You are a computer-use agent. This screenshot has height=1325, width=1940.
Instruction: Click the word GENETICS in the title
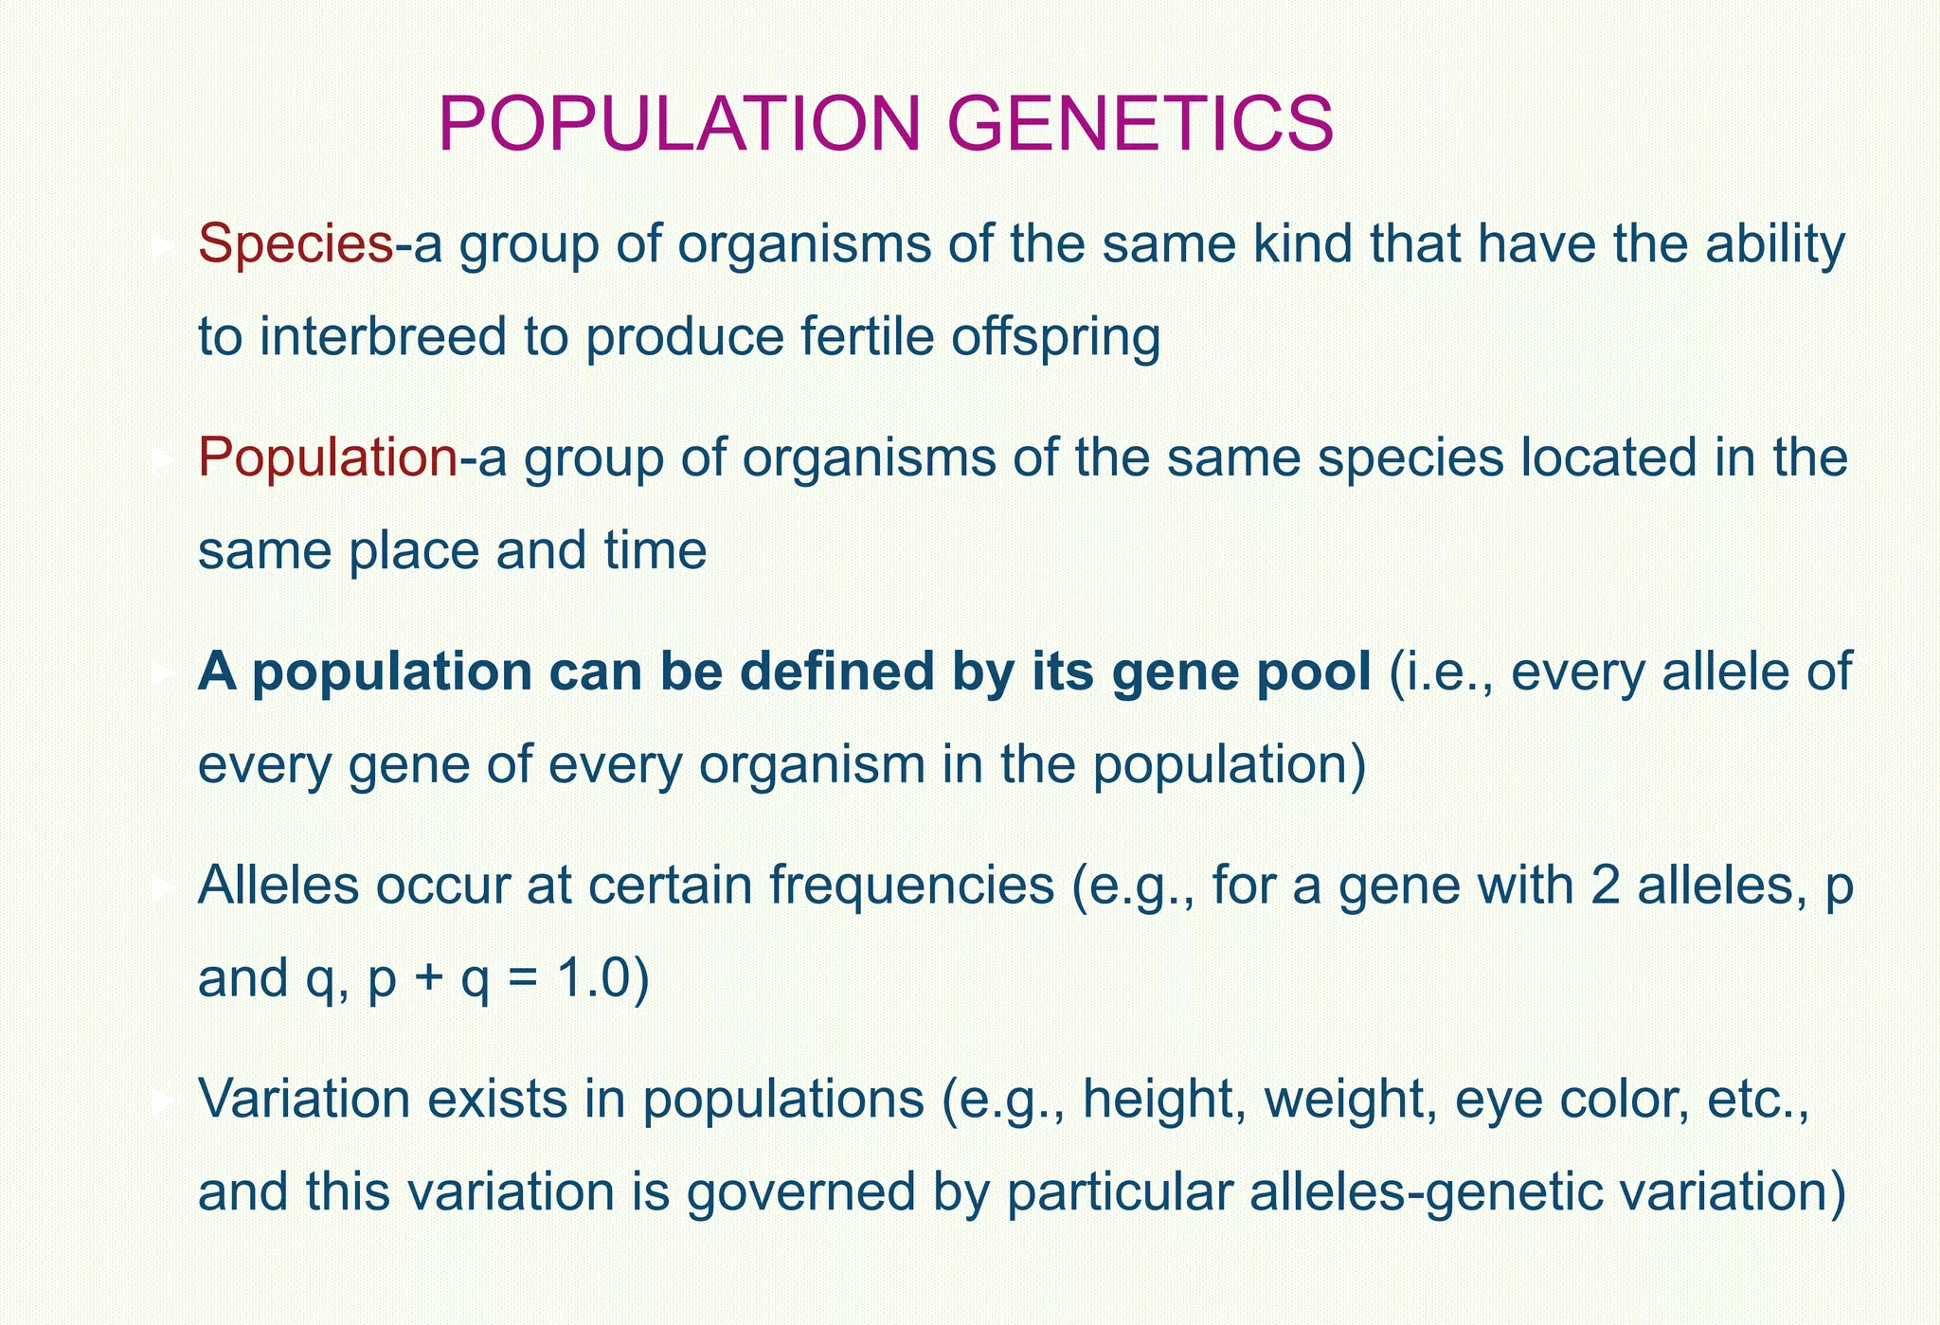click(x=1141, y=124)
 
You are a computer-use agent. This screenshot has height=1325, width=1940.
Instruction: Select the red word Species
click(x=295, y=244)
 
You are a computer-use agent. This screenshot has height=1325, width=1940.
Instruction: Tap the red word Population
click(x=328, y=457)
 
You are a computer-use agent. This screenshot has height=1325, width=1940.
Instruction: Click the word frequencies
click(x=910, y=886)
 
